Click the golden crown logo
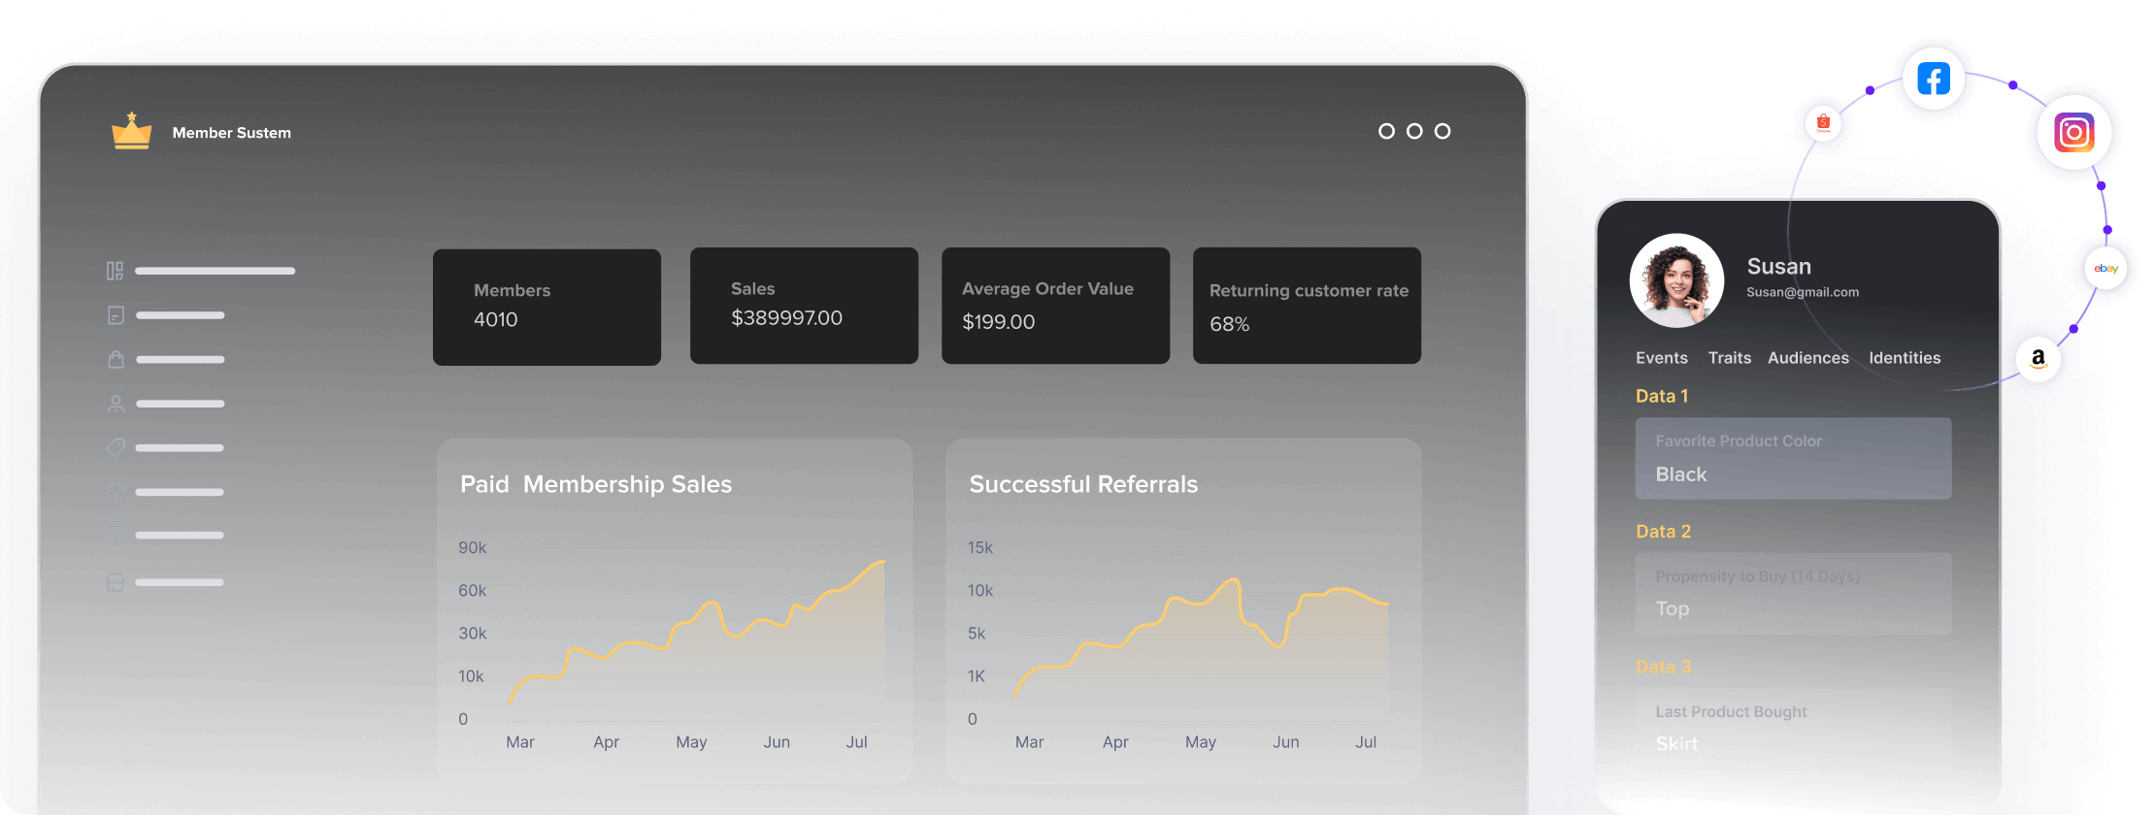coord(131,132)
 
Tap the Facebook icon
coord(1933,79)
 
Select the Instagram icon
coord(2073,132)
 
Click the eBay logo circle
coord(2105,269)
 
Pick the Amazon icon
coord(2039,358)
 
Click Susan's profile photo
coord(1676,280)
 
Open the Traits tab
coord(1730,358)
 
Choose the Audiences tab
coord(1807,358)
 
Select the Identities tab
coord(1905,358)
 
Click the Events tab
coord(1661,358)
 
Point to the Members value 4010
coord(495,320)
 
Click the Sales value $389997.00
coord(786,318)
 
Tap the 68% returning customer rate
coord(1229,324)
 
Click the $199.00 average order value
coord(998,322)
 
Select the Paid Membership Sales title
coord(596,484)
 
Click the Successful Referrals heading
coord(1083,484)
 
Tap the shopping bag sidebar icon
coord(116,360)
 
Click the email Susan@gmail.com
coord(1803,292)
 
